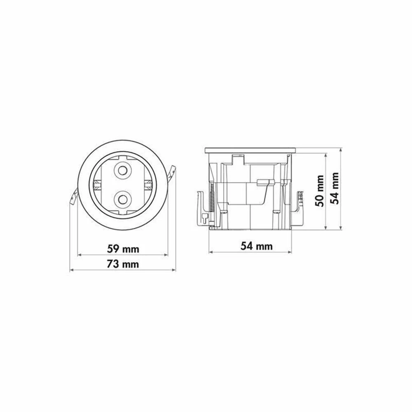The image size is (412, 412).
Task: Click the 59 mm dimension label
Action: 123,249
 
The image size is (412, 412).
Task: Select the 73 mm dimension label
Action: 123,264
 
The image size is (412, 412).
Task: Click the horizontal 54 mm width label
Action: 256,246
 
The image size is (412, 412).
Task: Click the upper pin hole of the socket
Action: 122,170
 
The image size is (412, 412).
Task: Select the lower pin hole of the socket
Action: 122,199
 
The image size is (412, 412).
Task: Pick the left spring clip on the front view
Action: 73,198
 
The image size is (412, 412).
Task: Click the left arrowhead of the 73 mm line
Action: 71,270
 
